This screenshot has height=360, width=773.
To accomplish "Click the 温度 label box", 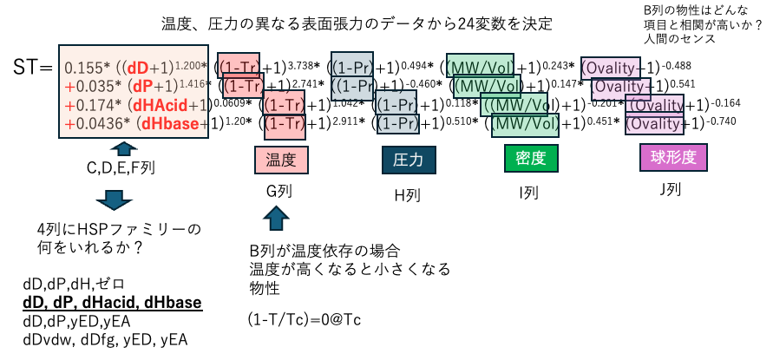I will coord(281,160).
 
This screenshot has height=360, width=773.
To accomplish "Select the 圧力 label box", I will coord(409,160).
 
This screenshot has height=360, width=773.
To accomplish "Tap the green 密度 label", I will coord(531,158).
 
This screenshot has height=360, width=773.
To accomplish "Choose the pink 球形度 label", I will coord(673,157).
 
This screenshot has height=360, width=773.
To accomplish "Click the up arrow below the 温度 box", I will coord(275,218).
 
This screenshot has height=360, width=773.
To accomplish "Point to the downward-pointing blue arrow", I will coord(114,200).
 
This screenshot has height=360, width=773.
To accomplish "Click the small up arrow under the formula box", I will coord(124,148).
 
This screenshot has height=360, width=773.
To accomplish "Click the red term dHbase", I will coord(171,124).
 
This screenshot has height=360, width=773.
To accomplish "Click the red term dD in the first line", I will coord(137,69).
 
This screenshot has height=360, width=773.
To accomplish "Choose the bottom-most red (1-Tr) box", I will coord(285,125).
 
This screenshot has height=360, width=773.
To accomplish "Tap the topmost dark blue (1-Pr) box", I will coord(352,65).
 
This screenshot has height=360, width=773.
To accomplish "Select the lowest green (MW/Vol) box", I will coord(525,124).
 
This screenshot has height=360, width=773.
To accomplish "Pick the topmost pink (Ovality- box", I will coord(610,67).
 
